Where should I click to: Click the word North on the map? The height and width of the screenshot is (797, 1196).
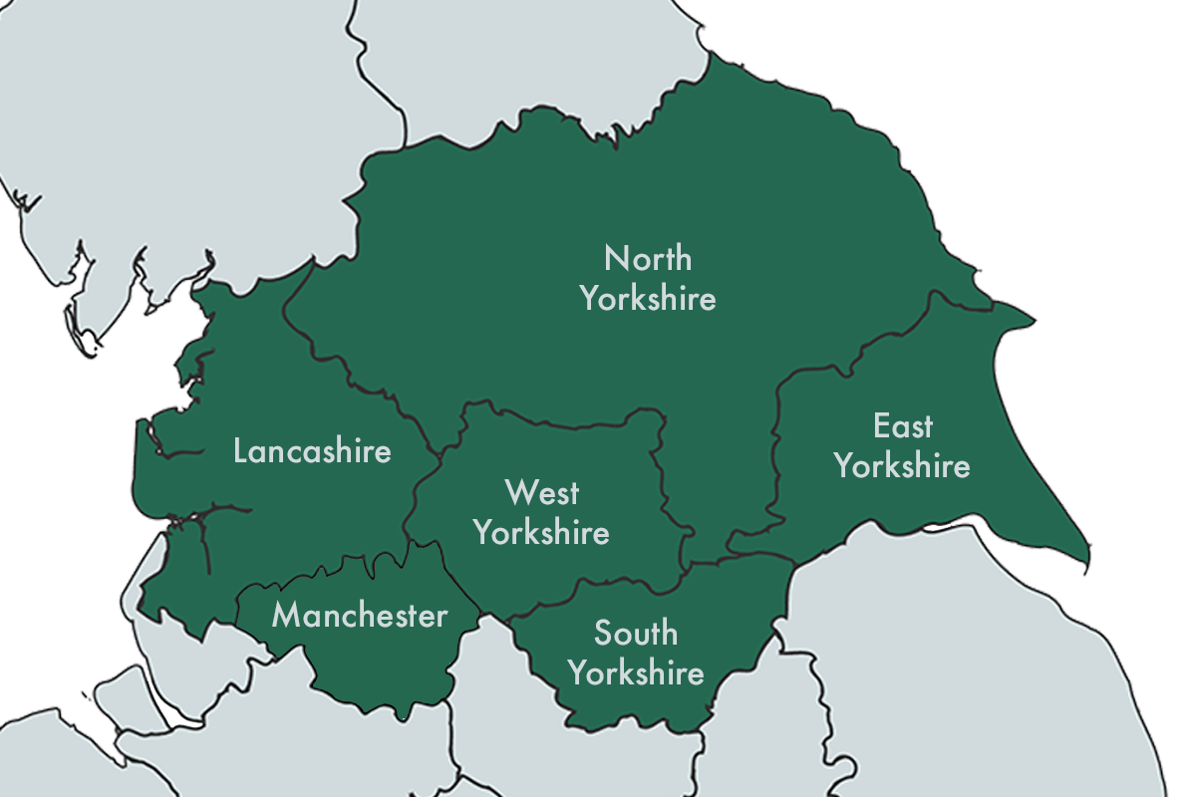pyautogui.click(x=648, y=259)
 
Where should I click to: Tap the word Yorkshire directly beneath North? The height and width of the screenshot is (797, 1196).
pyautogui.click(x=648, y=298)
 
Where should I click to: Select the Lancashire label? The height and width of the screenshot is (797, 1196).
pyautogui.click(x=312, y=450)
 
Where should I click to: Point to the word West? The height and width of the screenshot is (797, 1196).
pyautogui.click(x=541, y=492)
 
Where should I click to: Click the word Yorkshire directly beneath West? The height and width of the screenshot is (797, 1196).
pyautogui.click(x=541, y=532)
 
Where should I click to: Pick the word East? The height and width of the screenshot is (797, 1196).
pyautogui.click(x=903, y=426)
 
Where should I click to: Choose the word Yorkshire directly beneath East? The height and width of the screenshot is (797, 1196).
pyautogui.click(x=903, y=465)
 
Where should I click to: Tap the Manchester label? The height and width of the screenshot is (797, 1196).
pyautogui.click(x=360, y=616)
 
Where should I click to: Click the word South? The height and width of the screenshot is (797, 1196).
pyautogui.click(x=636, y=633)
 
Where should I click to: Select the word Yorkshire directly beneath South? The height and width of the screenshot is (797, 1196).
pyautogui.click(x=636, y=672)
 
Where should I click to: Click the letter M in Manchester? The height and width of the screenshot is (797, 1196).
pyautogui.click(x=286, y=616)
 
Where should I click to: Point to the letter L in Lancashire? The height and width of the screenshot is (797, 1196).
pyautogui.click(x=240, y=450)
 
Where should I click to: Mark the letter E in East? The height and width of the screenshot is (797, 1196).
pyautogui.click(x=881, y=426)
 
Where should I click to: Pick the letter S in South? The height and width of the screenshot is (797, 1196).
pyautogui.click(x=603, y=633)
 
